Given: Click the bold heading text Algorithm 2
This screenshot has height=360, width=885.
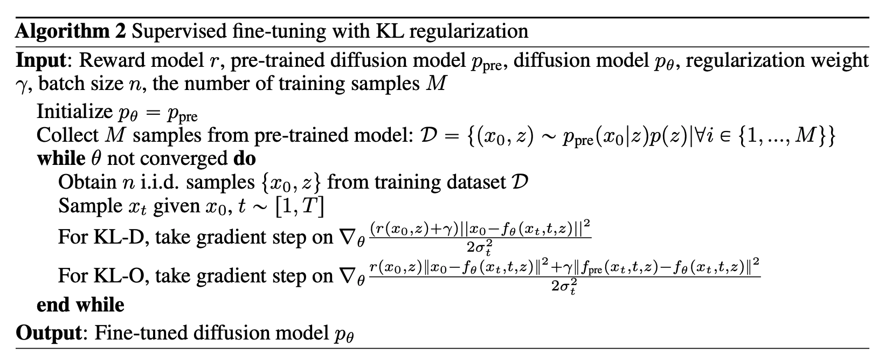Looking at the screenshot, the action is pos(71,31).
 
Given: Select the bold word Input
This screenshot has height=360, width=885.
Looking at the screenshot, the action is pos(40,60).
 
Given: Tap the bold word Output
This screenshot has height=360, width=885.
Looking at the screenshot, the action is pos(48,333).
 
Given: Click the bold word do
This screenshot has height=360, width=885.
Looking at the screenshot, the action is pos(244,158).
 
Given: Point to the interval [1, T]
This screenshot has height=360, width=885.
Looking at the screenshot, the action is pos(300,206).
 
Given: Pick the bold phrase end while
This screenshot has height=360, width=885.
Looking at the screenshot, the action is pos(80,305).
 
